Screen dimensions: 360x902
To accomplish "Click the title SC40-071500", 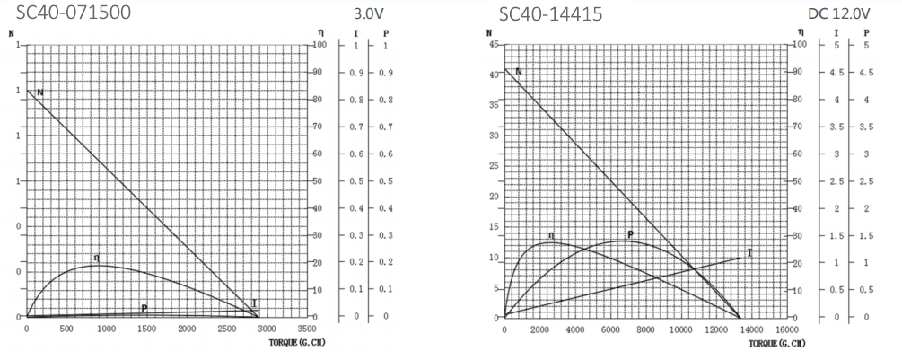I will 74,13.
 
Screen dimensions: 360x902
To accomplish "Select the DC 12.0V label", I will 838,13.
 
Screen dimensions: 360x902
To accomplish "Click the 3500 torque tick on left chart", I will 306,329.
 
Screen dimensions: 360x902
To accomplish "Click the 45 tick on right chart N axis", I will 493,44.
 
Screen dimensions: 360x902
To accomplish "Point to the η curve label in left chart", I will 97,258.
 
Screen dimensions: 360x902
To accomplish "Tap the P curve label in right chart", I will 631,235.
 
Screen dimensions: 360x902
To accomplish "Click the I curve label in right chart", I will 749,253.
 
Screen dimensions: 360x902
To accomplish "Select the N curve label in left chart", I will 40,92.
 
